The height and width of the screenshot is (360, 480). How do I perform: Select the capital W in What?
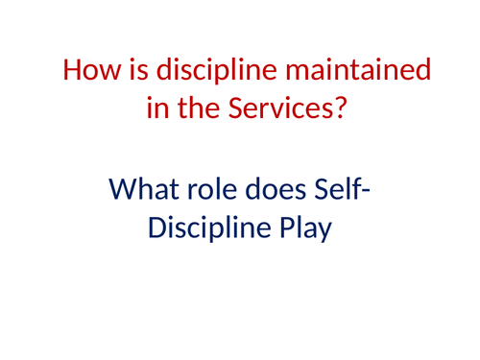[x=122, y=189]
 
